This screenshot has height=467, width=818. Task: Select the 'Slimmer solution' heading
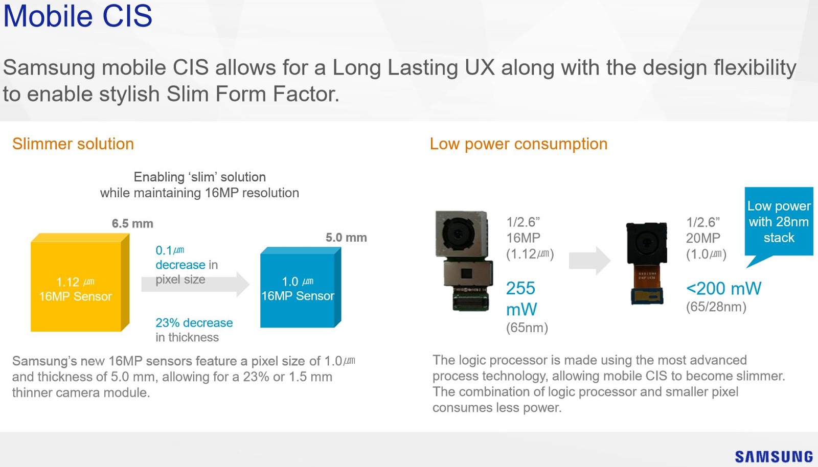click(73, 144)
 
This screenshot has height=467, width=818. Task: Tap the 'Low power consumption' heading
click(518, 144)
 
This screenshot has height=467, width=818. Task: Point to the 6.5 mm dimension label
click(132, 224)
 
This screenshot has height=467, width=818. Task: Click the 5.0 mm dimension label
click(346, 238)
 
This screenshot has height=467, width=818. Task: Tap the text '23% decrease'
click(194, 323)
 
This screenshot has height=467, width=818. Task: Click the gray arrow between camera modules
click(589, 261)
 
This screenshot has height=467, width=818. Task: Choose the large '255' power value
click(520, 289)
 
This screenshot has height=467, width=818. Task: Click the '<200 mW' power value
click(723, 289)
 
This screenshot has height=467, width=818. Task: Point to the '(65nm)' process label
click(527, 328)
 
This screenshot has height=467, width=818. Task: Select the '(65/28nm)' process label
click(716, 307)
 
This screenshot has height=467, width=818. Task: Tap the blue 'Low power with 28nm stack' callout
click(779, 222)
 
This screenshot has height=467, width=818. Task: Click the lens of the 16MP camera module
click(458, 233)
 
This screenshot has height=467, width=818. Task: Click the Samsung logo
click(774, 456)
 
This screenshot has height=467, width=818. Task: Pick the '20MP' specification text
click(703, 238)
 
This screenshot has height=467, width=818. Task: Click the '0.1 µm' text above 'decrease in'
click(170, 250)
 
